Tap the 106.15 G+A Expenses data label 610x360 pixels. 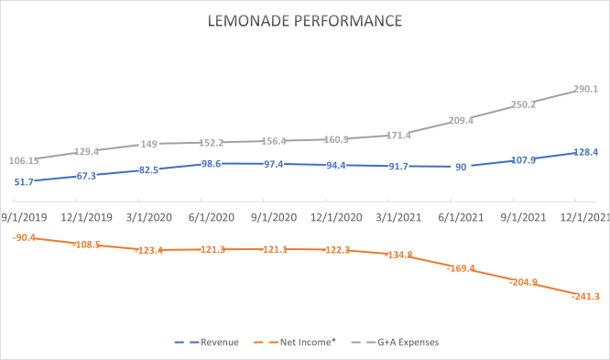pos(24,160)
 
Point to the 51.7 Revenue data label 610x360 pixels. pos(25,182)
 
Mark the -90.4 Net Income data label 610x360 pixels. pos(25,238)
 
